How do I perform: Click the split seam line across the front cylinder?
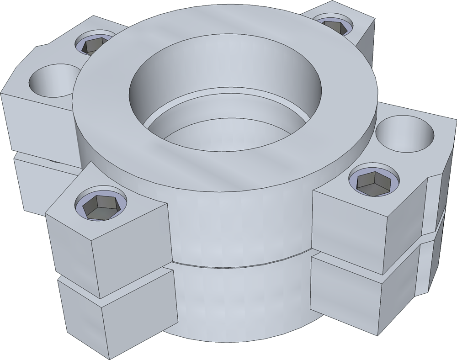coord(238,266)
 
